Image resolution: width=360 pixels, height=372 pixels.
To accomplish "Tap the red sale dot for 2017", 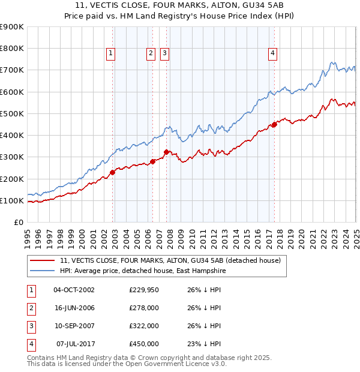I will pos(274,125).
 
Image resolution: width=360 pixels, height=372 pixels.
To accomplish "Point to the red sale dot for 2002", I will pos(112,173).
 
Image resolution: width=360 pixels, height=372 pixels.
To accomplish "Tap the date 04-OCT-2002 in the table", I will pos(74,289).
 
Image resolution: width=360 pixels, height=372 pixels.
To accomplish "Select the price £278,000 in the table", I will pos(144,308).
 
